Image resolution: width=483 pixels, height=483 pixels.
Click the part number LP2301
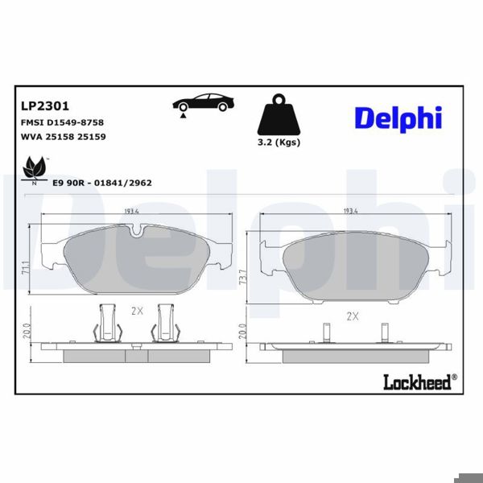click(x=43, y=105)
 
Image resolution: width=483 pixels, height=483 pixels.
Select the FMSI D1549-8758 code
click(x=61, y=122)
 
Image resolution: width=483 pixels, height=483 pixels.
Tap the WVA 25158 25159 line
click(x=62, y=137)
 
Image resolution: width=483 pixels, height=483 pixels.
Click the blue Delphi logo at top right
click(x=398, y=118)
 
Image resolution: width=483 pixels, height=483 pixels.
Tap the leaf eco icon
click(x=34, y=170)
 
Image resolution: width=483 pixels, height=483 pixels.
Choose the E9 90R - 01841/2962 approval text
click(x=101, y=183)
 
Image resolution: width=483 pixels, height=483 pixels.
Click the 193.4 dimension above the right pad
click(x=351, y=212)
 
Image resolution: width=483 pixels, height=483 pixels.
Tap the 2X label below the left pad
click(x=136, y=310)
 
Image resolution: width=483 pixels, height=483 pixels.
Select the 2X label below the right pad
click(x=351, y=316)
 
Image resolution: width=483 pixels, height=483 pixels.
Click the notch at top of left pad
click(x=138, y=234)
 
